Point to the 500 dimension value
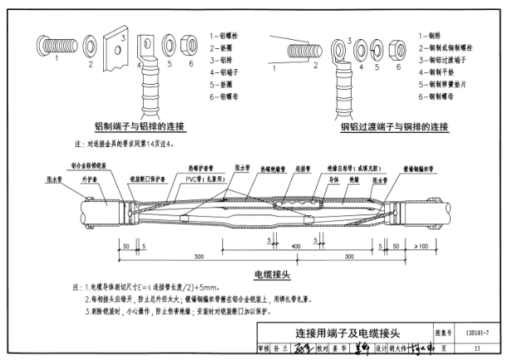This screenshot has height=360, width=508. pos(199,256)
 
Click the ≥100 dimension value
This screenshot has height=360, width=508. pos(421,248)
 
